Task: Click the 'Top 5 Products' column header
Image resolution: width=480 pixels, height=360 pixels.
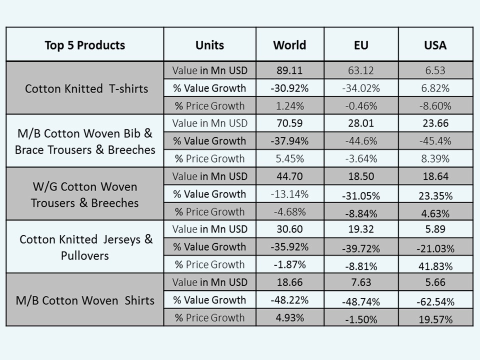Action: click(x=84, y=45)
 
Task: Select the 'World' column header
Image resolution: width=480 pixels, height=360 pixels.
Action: click(x=289, y=45)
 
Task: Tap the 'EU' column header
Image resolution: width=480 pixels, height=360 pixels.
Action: click(x=360, y=45)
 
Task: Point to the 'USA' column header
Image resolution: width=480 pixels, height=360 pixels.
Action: click(x=435, y=45)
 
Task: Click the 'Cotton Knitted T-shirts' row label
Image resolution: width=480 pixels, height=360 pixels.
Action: click(x=86, y=88)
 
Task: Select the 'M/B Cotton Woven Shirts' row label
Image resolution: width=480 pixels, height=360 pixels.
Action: click(x=84, y=300)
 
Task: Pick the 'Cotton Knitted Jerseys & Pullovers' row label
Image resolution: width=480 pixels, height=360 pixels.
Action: click(x=86, y=247)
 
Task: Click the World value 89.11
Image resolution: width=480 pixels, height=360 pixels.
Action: click(x=289, y=70)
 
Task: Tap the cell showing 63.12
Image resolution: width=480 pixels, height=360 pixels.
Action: click(x=360, y=70)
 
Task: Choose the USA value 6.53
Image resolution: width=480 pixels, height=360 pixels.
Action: click(x=435, y=70)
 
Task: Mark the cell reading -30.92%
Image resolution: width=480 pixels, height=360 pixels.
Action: click(x=289, y=88)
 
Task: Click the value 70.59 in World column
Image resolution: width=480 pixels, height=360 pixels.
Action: click(x=289, y=123)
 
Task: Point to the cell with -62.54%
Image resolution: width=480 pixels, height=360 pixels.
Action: click(x=435, y=301)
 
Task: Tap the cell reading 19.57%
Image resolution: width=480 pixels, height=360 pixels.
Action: click(x=435, y=319)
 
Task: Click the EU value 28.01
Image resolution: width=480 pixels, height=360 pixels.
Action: click(x=360, y=123)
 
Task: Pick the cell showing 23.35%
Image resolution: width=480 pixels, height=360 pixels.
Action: click(x=435, y=195)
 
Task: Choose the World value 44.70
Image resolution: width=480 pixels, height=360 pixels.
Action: click(x=289, y=176)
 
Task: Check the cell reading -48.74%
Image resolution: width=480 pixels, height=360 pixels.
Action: click(x=360, y=301)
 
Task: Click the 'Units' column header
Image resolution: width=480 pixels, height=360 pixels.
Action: click(x=209, y=45)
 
